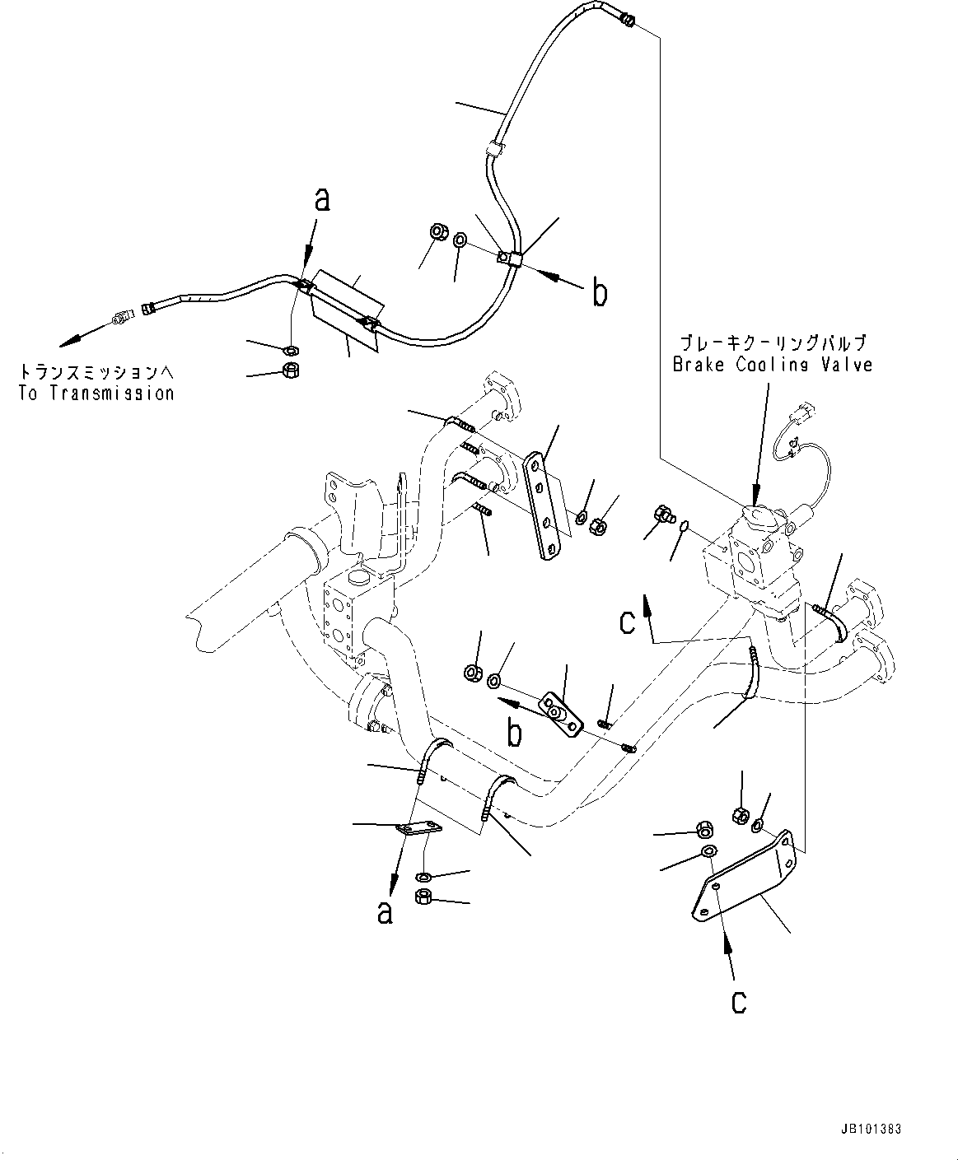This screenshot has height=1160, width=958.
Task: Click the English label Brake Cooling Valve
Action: [772, 365]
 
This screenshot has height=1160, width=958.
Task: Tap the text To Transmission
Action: [96, 393]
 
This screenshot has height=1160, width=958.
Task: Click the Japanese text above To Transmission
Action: [96, 371]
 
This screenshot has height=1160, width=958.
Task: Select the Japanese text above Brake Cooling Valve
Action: [772, 342]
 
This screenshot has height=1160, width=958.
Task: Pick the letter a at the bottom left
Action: [385, 912]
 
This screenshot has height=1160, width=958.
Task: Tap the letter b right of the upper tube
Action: [600, 292]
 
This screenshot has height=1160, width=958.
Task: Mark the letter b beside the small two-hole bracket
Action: [514, 733]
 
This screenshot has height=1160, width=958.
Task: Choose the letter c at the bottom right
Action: [739, 1000]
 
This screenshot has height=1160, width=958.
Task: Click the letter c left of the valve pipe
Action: [628, 622]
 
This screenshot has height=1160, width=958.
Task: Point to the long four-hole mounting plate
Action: [543, 506]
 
